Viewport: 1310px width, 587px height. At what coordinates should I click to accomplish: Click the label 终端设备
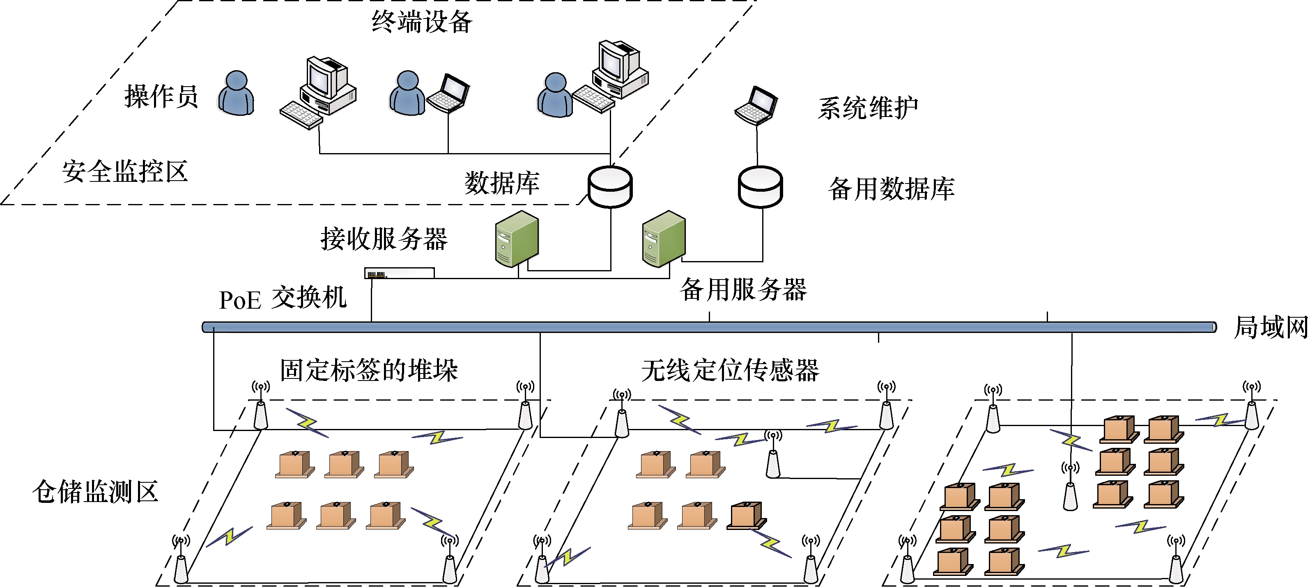coord(422,22)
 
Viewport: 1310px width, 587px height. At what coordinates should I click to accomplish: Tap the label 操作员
coord(161,96)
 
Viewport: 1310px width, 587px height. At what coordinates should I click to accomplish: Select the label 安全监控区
coord(125,171)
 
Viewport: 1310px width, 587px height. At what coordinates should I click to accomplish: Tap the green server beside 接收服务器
coord(517,238)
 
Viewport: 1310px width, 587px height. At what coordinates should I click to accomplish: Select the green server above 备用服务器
coord(664,238)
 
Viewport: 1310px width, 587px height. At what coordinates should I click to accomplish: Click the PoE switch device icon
coord(399,273)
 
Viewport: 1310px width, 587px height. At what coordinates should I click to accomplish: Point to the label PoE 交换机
coord(283,298)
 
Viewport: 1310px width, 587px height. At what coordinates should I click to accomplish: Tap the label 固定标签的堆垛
coord(369,369)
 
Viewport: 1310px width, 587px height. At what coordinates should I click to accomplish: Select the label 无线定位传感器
coord(730,369)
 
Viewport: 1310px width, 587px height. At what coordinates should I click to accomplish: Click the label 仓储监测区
coord(96,491)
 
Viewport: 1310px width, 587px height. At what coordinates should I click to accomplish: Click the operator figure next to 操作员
coord(237,94)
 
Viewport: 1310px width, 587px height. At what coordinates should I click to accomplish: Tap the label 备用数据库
coord(891,189)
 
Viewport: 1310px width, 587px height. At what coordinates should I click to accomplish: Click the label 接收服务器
coord(384,239)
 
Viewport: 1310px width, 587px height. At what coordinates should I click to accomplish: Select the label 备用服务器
coord(743,290)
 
